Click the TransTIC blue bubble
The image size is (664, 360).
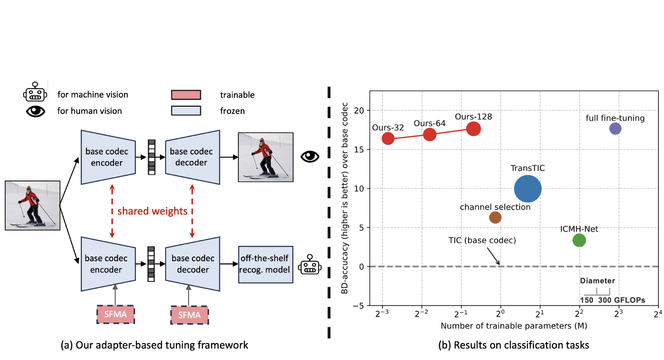pos(527,188)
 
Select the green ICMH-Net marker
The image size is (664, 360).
pos(579,240)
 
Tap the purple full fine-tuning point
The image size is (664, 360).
pos(615,128)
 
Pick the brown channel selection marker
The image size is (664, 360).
pos(495,217)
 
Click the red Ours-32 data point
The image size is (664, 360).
pos(388,138)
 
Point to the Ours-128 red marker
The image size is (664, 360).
pos(474,128)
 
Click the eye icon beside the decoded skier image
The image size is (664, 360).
pos(310,156)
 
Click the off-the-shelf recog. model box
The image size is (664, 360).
pos(265,264)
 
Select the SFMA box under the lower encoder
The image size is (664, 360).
pos(116,315)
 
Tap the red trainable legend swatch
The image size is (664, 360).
pos(185,95)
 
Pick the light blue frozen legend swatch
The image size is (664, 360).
pos(185,110)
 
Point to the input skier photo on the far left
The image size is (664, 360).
pos(31,205)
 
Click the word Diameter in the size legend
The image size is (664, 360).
pos(597,281)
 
